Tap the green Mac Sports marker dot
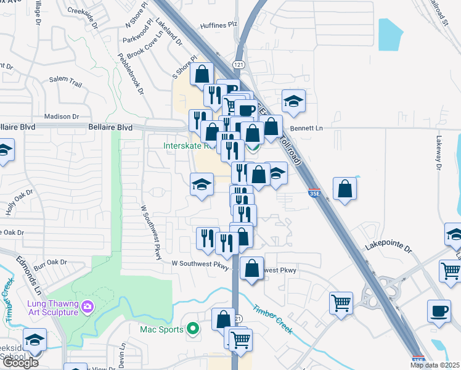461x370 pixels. [x=193, y=329]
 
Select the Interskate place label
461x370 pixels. [x=189, y=146]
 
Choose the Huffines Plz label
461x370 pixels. [x=219, y=25]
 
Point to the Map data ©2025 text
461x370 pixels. [x=435, y=365]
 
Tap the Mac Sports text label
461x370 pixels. [x=161, y=329]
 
